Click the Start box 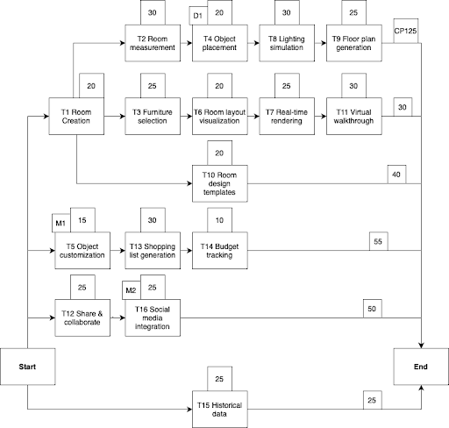tap(27, 367)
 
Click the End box tap(421, 367)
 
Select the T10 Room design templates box tap(219, 184)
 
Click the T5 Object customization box tap(83, 253)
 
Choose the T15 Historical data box tap(219, 408)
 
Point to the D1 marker tap(197, 15)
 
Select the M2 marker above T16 tap(130, 289)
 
